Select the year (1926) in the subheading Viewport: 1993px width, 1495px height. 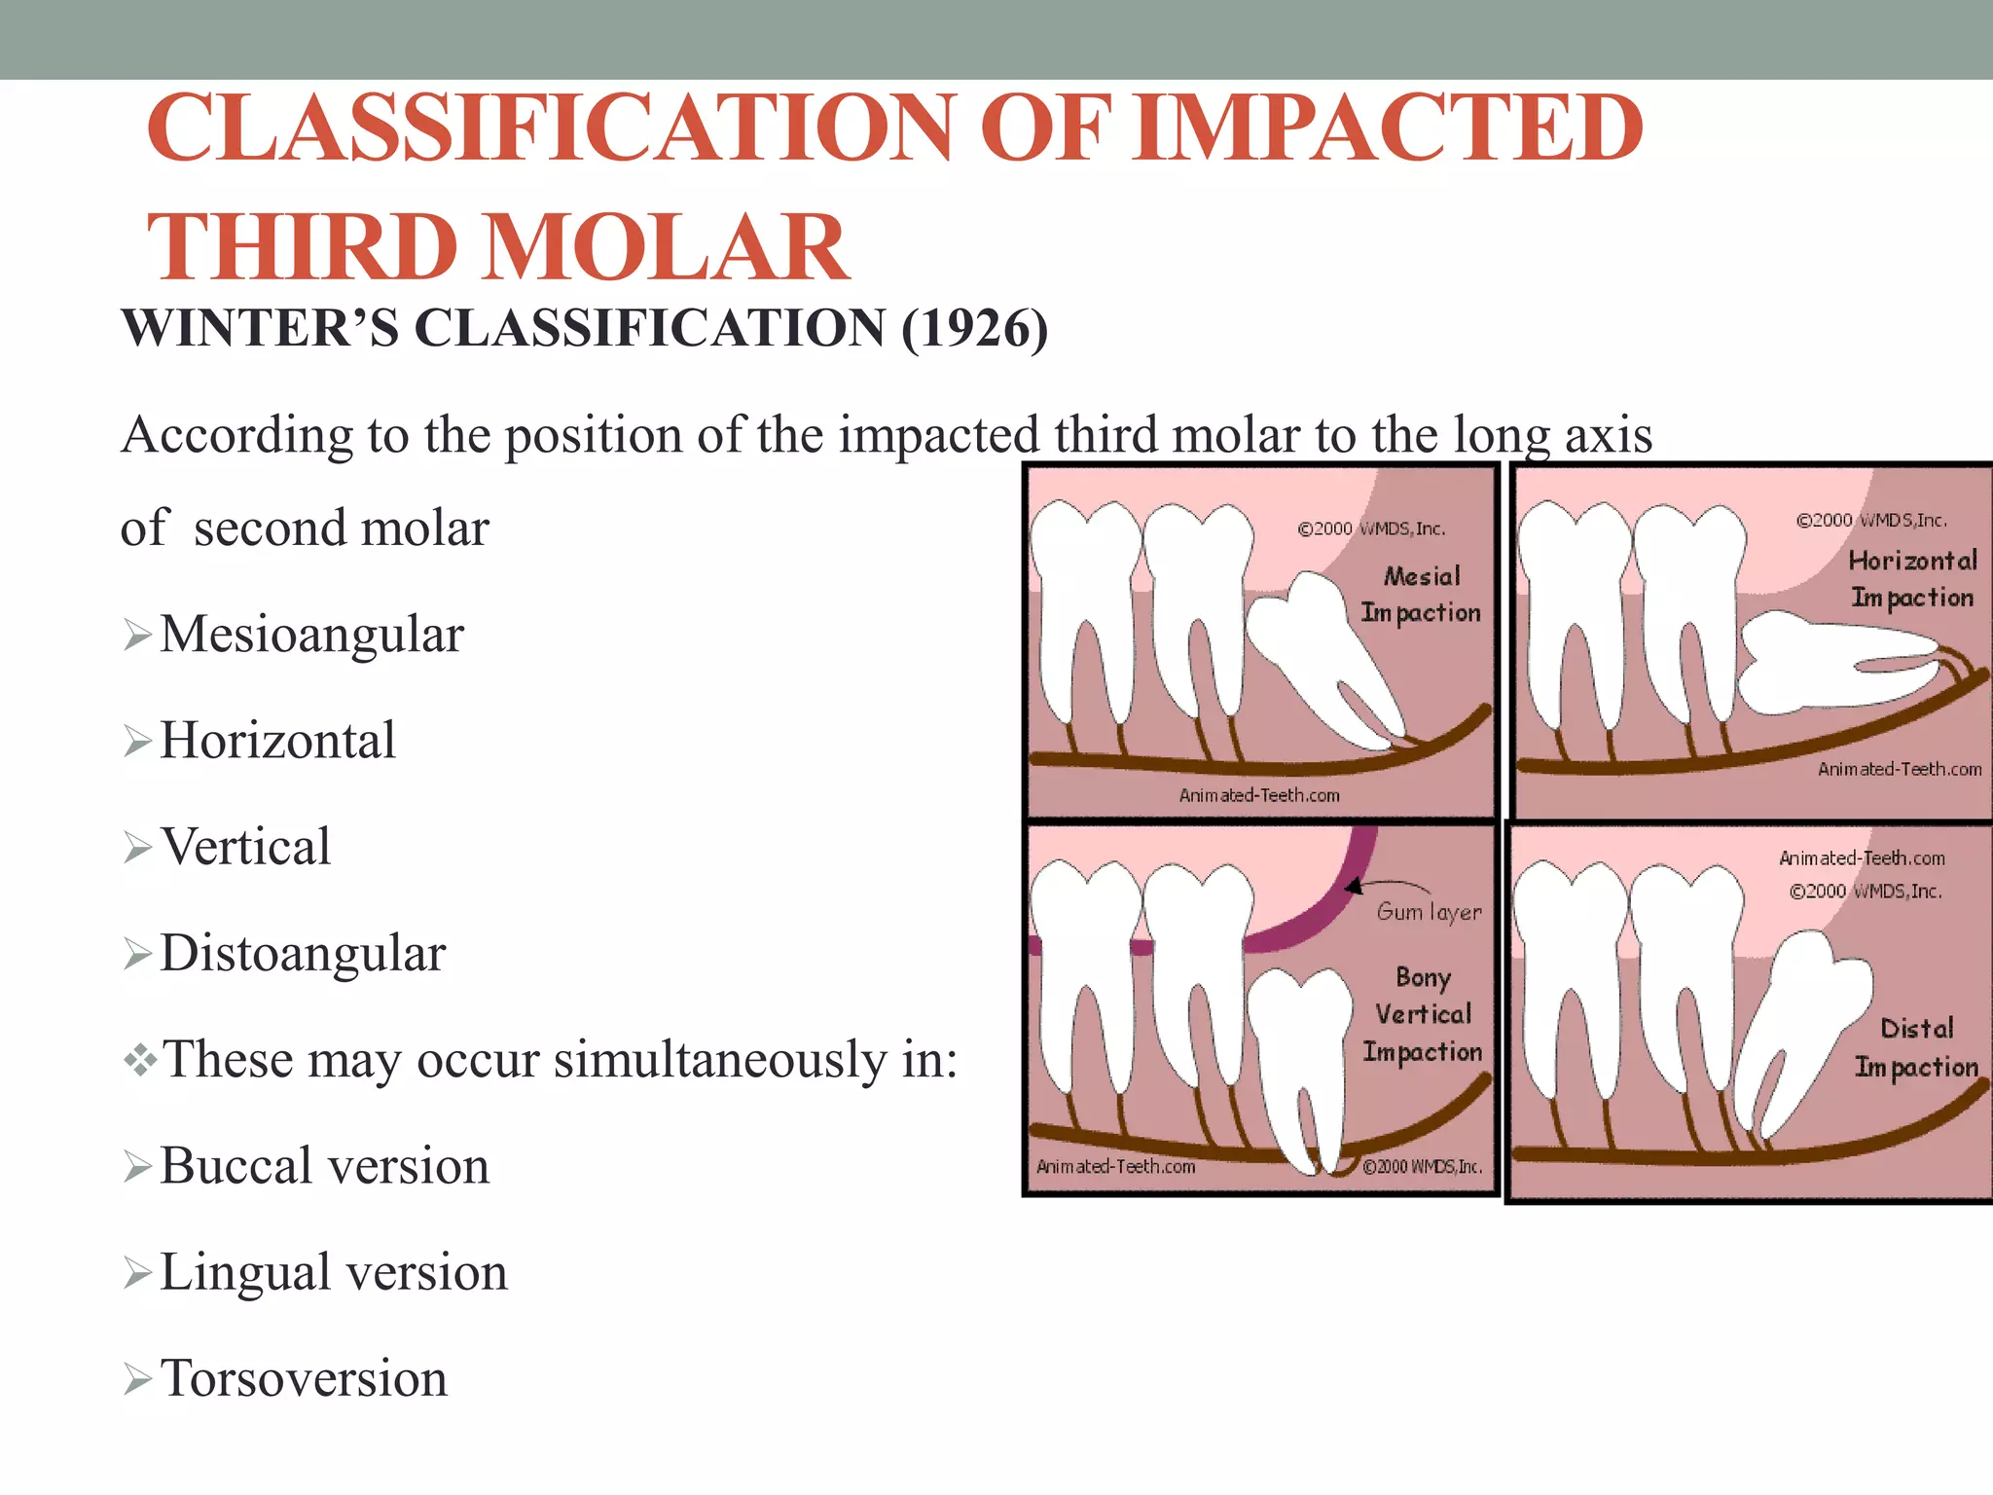point(974,329)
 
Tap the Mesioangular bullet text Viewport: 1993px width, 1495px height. point(311,635)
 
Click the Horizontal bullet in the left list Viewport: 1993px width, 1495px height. point(277,741)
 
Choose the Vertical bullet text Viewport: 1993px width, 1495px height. point(245,847)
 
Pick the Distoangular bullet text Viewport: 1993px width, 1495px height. point(303,953)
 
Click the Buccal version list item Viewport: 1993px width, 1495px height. point(324,1166)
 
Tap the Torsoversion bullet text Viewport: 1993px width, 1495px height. point(304,1378)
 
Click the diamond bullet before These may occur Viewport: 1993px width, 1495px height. point(140,1059)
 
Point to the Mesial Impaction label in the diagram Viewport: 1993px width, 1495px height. point(1421,594)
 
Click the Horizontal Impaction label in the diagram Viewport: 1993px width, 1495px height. point(1912,578)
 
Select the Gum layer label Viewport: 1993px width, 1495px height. point(1429,912)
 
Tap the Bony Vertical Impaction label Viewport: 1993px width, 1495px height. point(1423,1014)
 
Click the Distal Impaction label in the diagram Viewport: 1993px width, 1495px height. point(1916,1047)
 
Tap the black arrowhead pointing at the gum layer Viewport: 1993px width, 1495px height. point(1354,886)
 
